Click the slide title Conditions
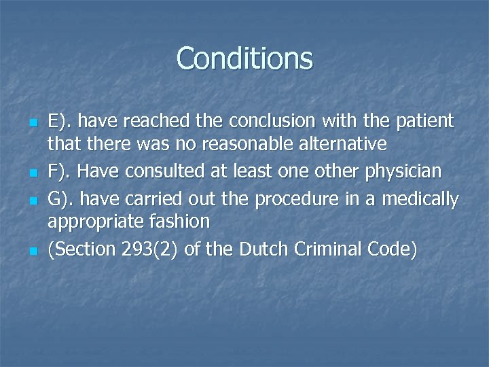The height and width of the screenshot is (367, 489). (x=244, y=58)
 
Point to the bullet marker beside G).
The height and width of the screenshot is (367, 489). (x=33, y=201)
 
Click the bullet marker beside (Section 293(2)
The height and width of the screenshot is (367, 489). (x=33, y=251)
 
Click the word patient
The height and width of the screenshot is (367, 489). (x=420, y=122)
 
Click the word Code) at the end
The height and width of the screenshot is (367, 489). (x=391, y=249)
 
